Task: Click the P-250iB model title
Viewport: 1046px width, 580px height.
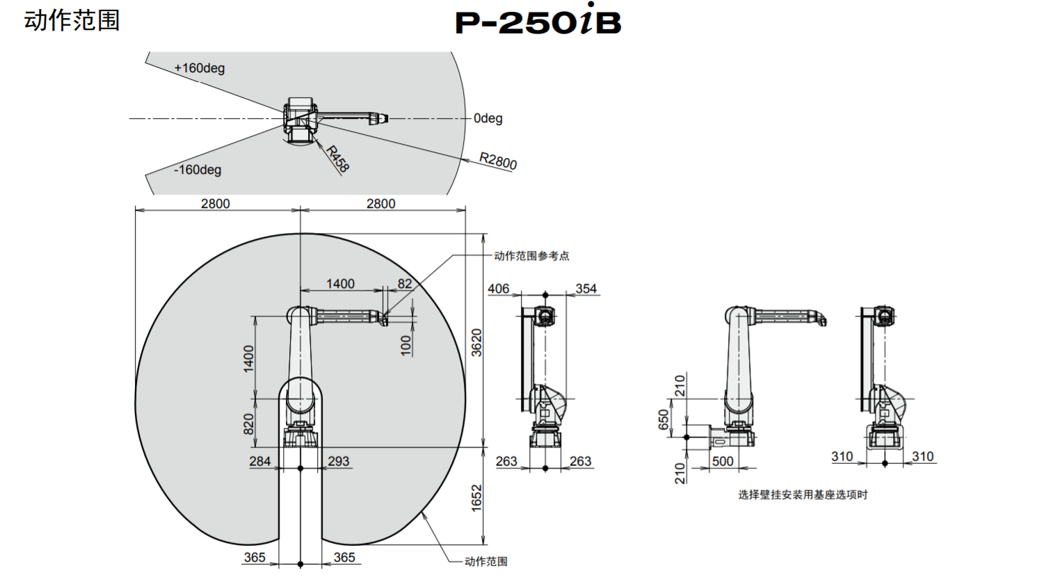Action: point(538,20)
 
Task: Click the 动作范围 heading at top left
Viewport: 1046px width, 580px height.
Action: point(72,21)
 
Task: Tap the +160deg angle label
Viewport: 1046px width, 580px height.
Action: point(200,68)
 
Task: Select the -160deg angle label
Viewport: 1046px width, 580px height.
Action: point(198,170)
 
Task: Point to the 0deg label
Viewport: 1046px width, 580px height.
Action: point(488,118)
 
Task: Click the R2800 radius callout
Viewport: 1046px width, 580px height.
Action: point(498,161)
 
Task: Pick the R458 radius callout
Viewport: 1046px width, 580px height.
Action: point(337,159)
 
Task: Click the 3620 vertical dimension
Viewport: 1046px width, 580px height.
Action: point(476,343)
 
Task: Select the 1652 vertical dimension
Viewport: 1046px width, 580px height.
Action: point(476,498)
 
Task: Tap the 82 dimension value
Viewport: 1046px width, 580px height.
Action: point(405,284)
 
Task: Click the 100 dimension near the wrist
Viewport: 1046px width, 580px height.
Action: point(406,346)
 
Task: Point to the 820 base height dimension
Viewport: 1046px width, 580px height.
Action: point(249,424)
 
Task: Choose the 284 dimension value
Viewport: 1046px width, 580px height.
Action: point(260,461)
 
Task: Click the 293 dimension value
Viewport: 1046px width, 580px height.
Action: point(339,461)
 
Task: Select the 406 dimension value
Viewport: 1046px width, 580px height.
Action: point(498,289)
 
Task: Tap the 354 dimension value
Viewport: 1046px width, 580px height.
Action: point(586,289)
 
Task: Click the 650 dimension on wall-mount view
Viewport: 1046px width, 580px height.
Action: point(663,420)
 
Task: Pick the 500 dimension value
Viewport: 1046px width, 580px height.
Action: point(723,461)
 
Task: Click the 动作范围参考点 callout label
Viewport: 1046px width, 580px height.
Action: point(532,256)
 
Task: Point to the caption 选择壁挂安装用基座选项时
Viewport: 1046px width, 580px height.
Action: point(803,495)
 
